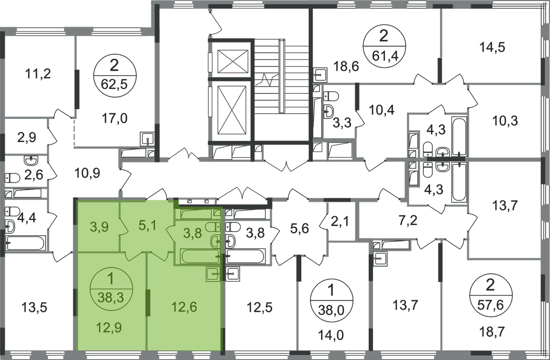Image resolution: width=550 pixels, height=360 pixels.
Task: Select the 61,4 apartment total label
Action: [384, 55]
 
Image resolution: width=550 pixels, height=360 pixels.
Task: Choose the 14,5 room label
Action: [492, 47]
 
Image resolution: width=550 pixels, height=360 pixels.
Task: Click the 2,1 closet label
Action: [339, 221]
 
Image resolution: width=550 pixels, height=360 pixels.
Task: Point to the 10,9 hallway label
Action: [88, 173]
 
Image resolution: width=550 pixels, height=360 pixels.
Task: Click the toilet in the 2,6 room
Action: [12, 178]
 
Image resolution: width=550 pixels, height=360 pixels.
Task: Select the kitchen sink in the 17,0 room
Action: [147, 139]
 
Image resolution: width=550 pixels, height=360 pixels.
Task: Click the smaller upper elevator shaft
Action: [233, 61]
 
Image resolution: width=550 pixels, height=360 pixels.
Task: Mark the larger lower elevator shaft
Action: [233, 109]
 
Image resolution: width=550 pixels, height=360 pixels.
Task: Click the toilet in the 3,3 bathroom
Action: [330, 96]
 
